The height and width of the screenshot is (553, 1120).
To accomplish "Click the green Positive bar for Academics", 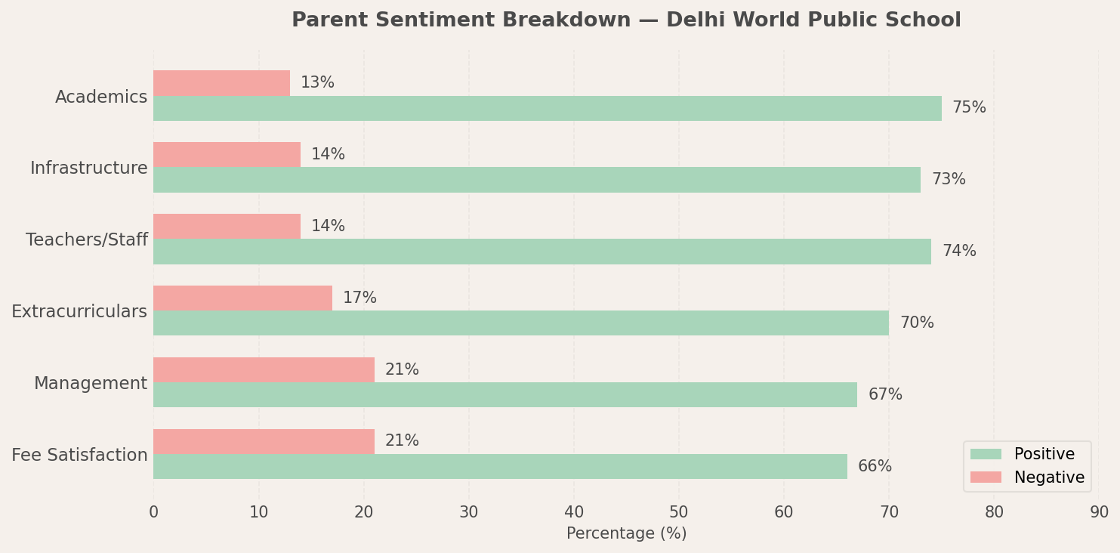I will click(x=548, y=109).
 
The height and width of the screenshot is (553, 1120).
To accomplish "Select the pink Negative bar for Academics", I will click(x=221, y=83).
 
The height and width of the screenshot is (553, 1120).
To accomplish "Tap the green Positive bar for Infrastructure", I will click(x=537, y=180).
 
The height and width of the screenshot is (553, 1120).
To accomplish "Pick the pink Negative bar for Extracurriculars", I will click(x=242, y=298).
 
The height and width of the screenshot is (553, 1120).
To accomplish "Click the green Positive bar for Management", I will click(x=505, y=395).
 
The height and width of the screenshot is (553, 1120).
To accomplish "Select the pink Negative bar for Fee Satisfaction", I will click(x=264, y=441).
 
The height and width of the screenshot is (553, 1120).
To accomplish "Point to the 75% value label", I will click(x=969, y=108).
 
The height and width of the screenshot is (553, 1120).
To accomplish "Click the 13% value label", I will click(x=317, y=83).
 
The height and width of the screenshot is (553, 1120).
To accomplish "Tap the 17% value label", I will click(x=359, y=298).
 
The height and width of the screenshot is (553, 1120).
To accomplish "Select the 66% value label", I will click(x=875, y=467).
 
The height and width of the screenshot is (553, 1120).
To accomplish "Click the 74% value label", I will click(x=959, y=252).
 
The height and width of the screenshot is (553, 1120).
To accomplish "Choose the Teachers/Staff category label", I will click(x=87, y=240).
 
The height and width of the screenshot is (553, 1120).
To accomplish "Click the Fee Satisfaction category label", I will click(x=79, y=456).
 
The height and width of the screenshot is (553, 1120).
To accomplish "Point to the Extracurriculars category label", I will click(x=79, y=312).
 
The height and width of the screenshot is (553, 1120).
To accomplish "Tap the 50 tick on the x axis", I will click(x=678, y=513).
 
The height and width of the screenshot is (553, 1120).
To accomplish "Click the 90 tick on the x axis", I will click(x=1099, y=513).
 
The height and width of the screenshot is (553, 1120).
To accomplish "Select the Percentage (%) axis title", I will click(x=626, y=534).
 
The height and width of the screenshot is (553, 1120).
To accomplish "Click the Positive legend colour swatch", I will click(x=986, y=455).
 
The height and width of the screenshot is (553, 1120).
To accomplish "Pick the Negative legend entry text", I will click(x=1049, y=478).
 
